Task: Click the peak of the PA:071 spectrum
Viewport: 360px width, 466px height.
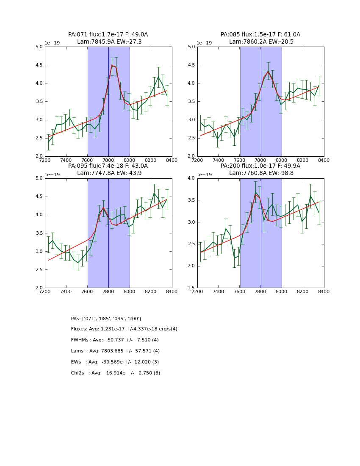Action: pos(112,65)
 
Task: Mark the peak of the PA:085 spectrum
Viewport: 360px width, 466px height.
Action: pos(268,71)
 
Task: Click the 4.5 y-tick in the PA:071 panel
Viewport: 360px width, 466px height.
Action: pos(39,65)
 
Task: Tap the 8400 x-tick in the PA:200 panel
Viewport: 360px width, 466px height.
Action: pos(324,291)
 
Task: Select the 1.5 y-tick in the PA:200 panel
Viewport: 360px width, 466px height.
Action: pos(191,288)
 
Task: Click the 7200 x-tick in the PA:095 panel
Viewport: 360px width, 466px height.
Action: pos(45,291)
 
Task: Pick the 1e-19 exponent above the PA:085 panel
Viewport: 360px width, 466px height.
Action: pos(204,43)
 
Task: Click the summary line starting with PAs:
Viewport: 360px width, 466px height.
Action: pos(106,319)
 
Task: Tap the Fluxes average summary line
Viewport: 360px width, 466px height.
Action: pos(124,329)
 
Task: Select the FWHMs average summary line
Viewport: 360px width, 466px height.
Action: pos(115,340)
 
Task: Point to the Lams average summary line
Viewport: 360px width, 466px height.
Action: pos(115,351)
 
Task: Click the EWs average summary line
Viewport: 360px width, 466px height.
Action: pos(115,362)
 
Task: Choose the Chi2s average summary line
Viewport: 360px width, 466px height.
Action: pos(116,373)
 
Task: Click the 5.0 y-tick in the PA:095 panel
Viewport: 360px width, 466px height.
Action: pos(39,178)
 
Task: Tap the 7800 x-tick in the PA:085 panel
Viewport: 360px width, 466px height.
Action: pos(260,160)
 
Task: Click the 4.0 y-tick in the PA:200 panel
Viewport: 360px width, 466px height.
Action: pos(191,178)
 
